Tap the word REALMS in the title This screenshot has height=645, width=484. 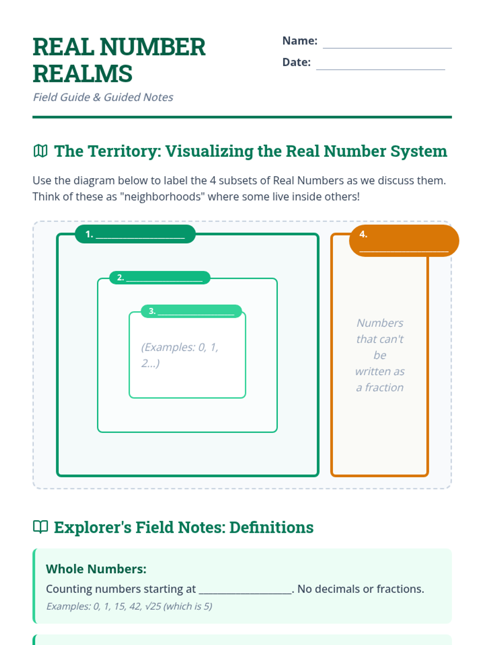pyautogui.click(x=83, y=74)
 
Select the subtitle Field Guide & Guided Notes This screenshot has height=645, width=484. pyautogui.click(x=103, y=97)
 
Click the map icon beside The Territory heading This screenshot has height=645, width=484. pyautogui.click(x=40, y=151)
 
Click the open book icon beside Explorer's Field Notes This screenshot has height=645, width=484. pyautogui.click(x=40, y=527)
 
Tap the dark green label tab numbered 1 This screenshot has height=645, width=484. pyautogui.click(x=135, y=234)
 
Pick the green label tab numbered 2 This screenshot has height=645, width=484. pyautogui.click(x=160, y=277)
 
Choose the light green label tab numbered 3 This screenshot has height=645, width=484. pyautogui.click(x=191, y=311)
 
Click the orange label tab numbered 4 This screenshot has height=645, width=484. pyautogui.click(x=404, y=241)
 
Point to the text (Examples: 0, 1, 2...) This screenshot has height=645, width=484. pyautogui.click(x=179, y=355)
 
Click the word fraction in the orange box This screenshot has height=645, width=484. pyautogui.click(x=384, y=387)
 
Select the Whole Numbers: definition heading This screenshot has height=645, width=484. pyautogui.click(x=96, y=569)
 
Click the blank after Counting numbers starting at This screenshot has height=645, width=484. pyautogui.click(x=245, y=589)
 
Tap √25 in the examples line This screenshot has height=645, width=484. pyautogui.click(x=152, y=606)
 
